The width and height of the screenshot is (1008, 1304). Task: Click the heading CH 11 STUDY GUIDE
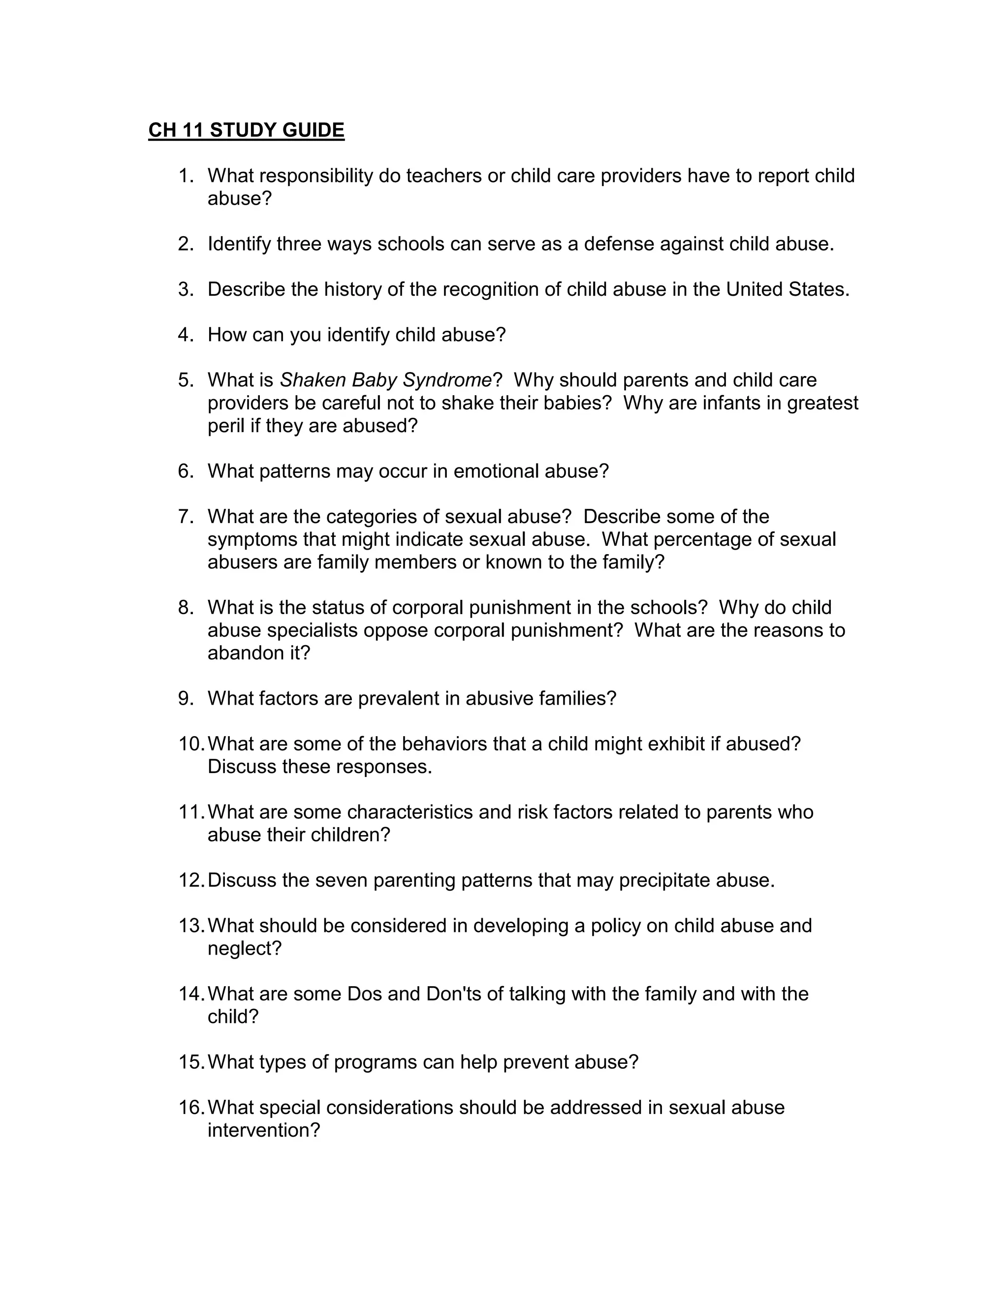tap(246, 130)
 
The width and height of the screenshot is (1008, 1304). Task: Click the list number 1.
tap(185, 176)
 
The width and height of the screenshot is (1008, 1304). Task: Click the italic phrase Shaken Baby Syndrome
tap(386, 380)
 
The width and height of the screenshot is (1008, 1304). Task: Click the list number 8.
tap(185, 607)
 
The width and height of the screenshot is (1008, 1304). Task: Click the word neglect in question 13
tap(244, 948)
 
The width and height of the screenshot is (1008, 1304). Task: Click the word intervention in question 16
tap(263, 1130)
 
